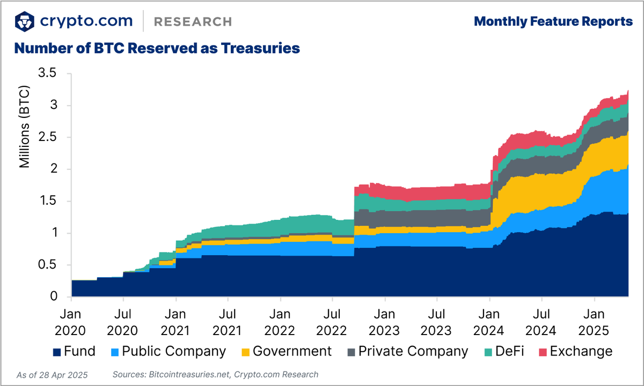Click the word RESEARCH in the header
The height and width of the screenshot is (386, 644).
(193, 21)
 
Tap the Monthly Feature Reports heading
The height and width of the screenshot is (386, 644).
(553, 21)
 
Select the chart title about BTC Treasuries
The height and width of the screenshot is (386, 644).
(156, 48)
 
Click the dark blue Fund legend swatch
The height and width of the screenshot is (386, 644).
(56, 352)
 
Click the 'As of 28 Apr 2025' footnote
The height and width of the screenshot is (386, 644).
(52, 375)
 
